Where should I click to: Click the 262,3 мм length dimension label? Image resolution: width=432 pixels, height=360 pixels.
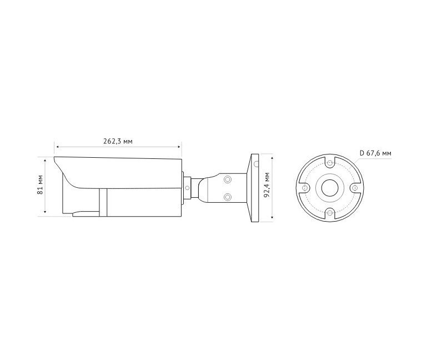[x=118, y=142]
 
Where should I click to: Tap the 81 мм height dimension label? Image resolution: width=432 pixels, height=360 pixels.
[x=40, y=184]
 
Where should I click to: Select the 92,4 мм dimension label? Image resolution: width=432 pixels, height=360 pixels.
[x=267, y=184]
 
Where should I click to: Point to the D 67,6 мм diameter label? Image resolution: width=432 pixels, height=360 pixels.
[x=375, y=153]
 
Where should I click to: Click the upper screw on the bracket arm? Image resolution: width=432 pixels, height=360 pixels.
[x=227, y=180]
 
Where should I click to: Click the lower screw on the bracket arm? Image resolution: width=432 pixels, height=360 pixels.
[x=227, y=197]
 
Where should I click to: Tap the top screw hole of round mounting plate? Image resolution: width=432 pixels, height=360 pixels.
[x=330, y=163]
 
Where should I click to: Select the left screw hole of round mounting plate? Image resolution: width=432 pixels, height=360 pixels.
[x=305, y=188]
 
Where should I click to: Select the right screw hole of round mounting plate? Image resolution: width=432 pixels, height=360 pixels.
[x=355, y=188]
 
